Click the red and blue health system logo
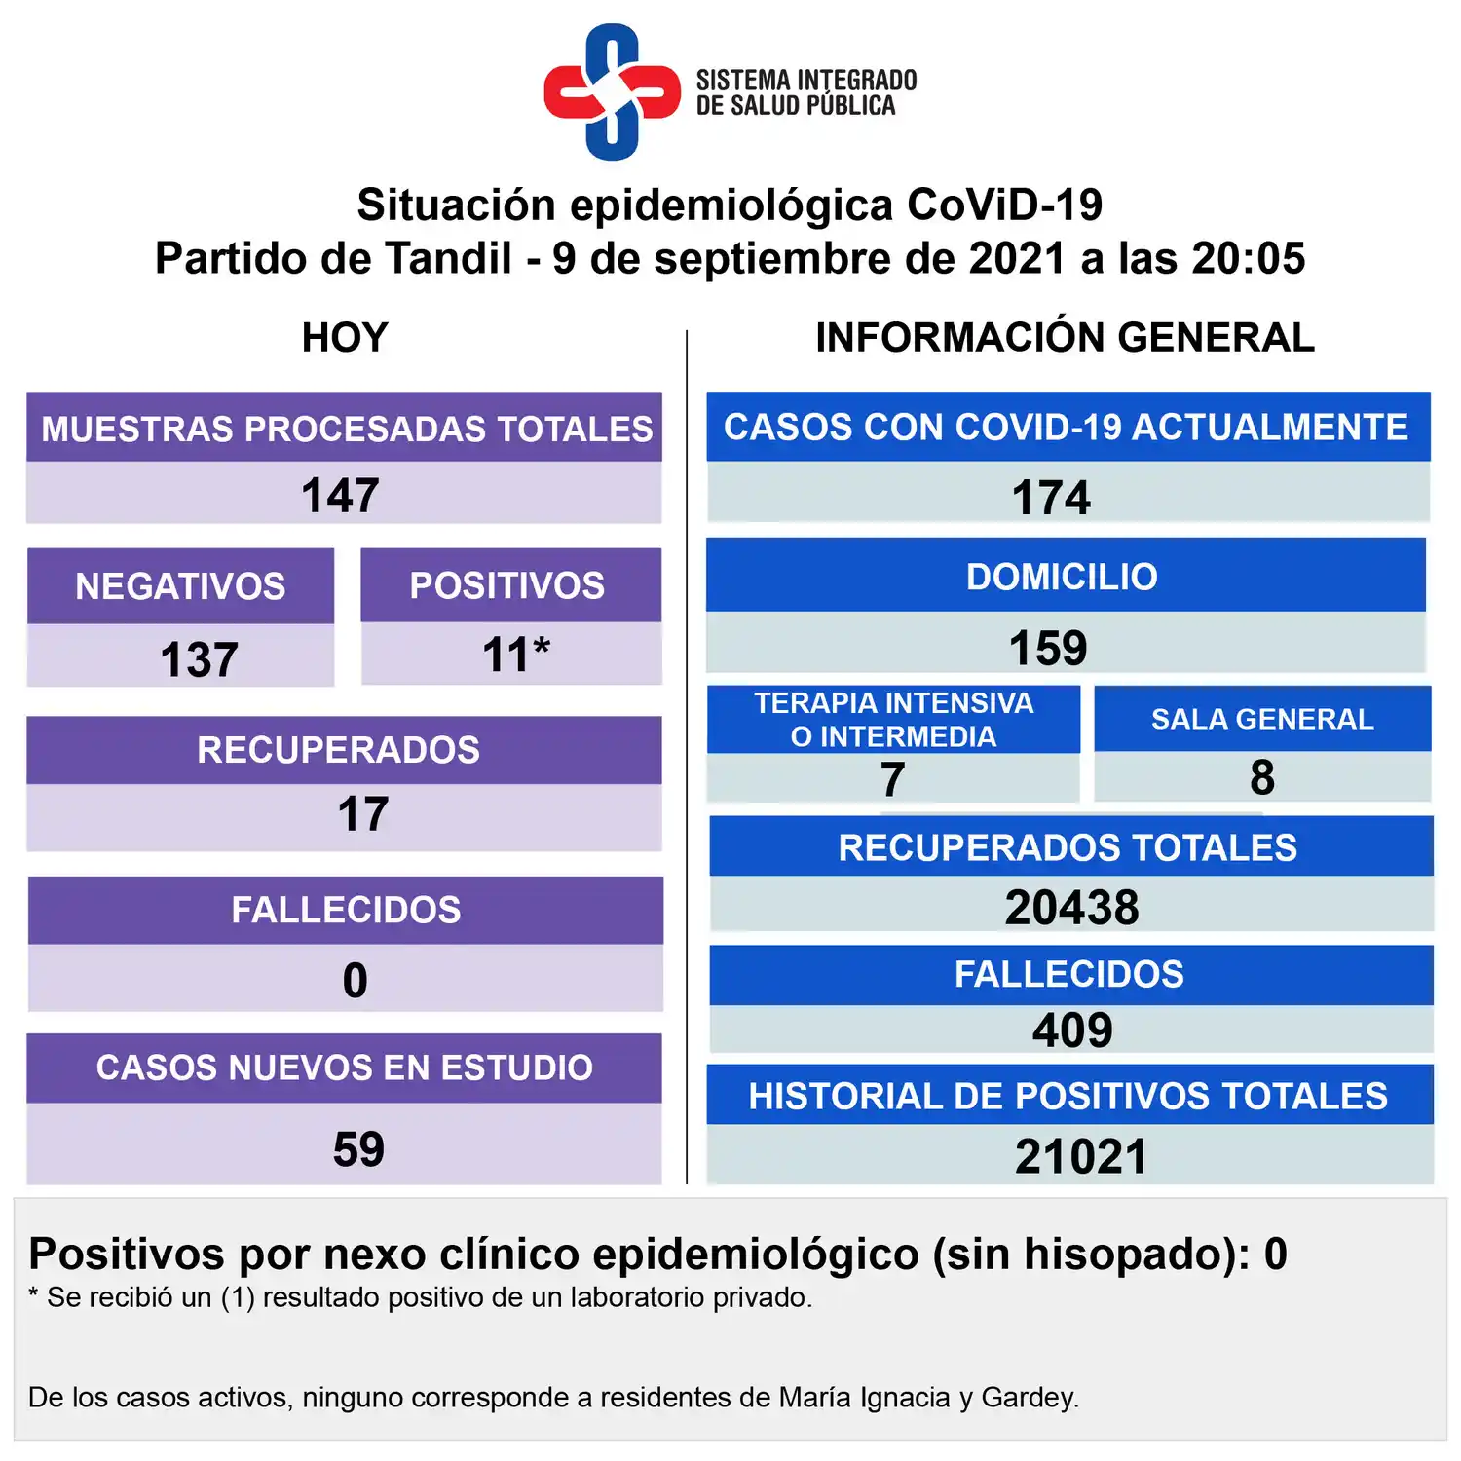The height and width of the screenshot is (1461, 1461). [612, 92]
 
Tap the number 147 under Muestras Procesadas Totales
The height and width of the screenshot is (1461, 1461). [340, 496]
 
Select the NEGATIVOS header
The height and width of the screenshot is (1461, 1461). [180, 586]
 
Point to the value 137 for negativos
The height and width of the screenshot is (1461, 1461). [199, 659]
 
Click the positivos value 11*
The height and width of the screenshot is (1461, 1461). [516, 655]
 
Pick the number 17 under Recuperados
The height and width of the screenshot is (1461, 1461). [363, 814]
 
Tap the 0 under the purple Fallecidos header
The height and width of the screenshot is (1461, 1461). [356, 980]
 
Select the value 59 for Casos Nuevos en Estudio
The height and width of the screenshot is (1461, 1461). [358, 1149]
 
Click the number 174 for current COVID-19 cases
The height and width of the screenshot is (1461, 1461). [1051, 498]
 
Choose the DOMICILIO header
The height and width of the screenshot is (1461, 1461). [1062, 577]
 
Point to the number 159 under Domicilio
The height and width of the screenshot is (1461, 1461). [1048, 648]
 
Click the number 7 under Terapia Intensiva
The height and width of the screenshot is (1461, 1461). [892, 779]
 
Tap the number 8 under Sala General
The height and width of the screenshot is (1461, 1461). [1262, 777]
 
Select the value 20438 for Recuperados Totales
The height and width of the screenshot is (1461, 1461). [1071, 908]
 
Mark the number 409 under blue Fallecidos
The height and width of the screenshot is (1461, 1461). [1072, 1030]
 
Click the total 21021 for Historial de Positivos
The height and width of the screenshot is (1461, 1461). [1081, 1157]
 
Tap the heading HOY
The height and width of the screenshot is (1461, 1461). [345, 338]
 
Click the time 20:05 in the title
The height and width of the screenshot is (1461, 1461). [1248, 259]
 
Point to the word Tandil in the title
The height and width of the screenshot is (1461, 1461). [448, 259]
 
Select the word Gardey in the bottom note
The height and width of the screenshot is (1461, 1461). [1029, 1398]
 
